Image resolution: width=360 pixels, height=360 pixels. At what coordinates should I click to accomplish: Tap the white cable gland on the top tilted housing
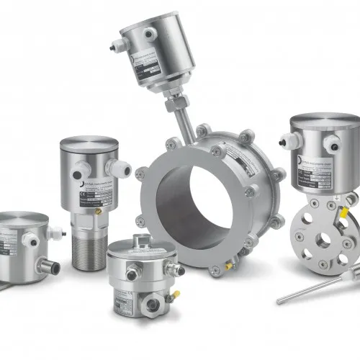(x=150, y=33)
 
